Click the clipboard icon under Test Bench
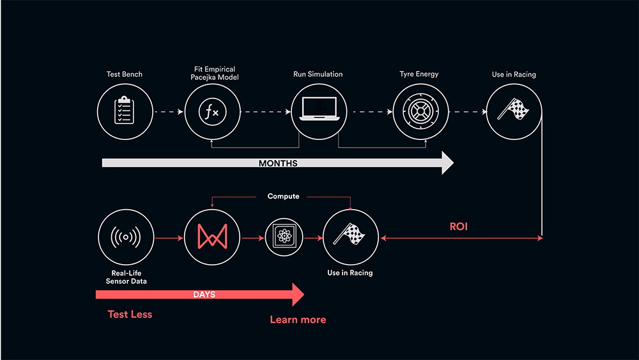point(125,110)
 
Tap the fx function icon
point(212,112)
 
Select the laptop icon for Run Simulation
point(319,109)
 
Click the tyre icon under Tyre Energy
point(420,111)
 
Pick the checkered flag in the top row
point(514,109)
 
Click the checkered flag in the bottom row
point(350,233)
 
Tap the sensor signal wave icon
point(126,237)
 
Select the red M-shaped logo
point(212,237)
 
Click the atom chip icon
point(284,237)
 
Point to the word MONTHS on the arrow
point(278,163)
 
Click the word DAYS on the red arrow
point(204,294)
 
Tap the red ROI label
point(458,227)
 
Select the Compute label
point(283,196)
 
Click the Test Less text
point(130,315)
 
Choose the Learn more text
point(298,320)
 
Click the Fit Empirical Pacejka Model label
point(214,74)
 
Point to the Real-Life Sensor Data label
point(127,278)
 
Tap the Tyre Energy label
point(419,74)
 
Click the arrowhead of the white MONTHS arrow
point(447,163)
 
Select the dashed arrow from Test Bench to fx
point(169,112)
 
